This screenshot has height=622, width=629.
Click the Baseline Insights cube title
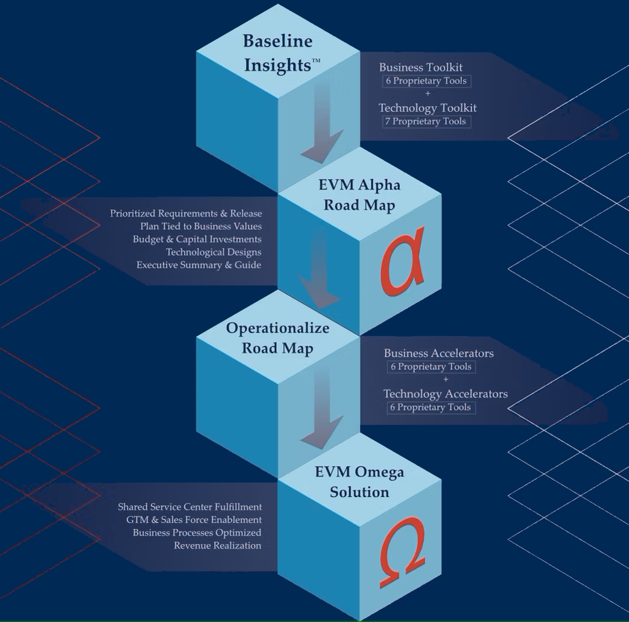278,52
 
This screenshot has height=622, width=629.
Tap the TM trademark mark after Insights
316,61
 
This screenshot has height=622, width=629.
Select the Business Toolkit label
420,67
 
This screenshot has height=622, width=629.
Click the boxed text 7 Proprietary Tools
426,121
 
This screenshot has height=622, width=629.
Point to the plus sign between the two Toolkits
428,94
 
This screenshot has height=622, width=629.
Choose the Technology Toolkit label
428,107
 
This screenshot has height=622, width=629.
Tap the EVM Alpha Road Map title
359,194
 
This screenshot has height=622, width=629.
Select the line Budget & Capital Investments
197,239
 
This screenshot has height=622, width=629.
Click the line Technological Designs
213,252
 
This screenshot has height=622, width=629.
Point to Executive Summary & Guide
198,264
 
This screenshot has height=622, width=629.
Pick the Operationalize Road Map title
278,338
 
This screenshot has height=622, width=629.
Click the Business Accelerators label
438,353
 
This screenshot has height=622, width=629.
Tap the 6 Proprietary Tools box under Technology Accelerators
431,407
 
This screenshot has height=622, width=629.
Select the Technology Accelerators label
445,394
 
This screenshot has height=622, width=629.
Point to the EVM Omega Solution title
359,481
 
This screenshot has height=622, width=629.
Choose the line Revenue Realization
217,545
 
